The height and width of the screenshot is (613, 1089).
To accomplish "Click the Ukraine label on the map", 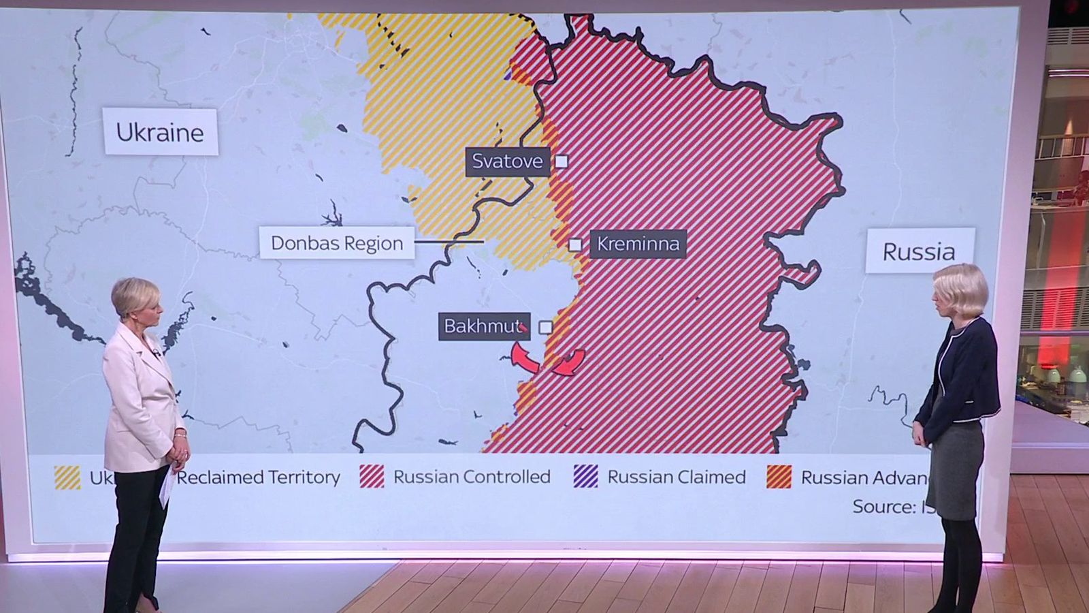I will pyautogui.click(x=160, y=132).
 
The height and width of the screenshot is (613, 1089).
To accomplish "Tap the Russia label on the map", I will pyautogui.click(x=919, y=251).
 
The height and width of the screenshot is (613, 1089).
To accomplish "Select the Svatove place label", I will pyautogui.click(x=507, y=161).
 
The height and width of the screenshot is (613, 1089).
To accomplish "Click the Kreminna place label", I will pyautogui.click(x=638, y=244).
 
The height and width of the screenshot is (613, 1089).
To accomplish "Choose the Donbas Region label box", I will pyautogui.click(x=337, y=243).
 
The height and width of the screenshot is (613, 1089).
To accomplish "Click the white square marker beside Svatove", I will pyautogui.click(x=562, y=161).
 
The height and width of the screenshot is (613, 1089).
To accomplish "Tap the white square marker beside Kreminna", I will pyautogui.click(x=576, y=244).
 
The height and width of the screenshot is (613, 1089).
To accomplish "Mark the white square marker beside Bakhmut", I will pyautogui.click(x=545, y=328).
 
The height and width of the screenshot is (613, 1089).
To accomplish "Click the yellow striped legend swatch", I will pyautogui.click(x=67, y=477).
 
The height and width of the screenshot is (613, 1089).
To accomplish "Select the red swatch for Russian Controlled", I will pyautogui.click(x=372, y=477).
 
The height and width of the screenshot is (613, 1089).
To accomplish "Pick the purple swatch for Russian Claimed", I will pyautogui.click(x=586, y=477).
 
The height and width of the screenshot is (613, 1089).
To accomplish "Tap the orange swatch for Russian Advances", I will pyautogui.click(x=779, y=477).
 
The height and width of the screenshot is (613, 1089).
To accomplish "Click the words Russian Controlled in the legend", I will pyautogui.click(x=472, y=477).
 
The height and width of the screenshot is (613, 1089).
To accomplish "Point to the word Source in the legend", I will pyautogui.click(x=883, y=507).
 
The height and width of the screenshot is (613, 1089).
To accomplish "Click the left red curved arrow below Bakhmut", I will pyautogui.click(x=523, y=358).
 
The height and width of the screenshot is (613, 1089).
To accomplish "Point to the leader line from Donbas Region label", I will pyautogui.click(x=449, y=242).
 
